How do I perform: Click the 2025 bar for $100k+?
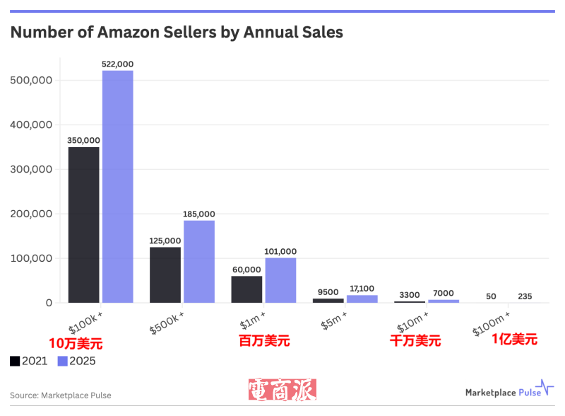[x=118, y=187]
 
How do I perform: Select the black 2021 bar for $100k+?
[x=83, y=225]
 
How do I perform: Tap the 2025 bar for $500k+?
[x=199, y=262]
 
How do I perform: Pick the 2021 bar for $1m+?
[x=246, y=289]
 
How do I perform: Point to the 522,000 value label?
[x=118, y=64]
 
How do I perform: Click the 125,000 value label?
[x=165, y=241]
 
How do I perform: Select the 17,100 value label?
[x=362, y=289]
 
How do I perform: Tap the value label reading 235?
[x=525, y=296]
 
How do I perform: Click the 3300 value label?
[x=410, y=294]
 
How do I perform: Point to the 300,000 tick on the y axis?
[x=32, y=169]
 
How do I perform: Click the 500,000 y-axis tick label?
[x=32, y=80]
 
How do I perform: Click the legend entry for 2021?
[x=29, y=361]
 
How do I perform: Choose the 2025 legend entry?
[x=76, y=361]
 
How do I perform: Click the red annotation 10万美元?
[x=75, y=344]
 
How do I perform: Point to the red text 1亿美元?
[x=514, y=339]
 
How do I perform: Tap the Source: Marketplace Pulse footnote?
[x=61, y=395]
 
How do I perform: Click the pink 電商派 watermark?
[x=282, y=391]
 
